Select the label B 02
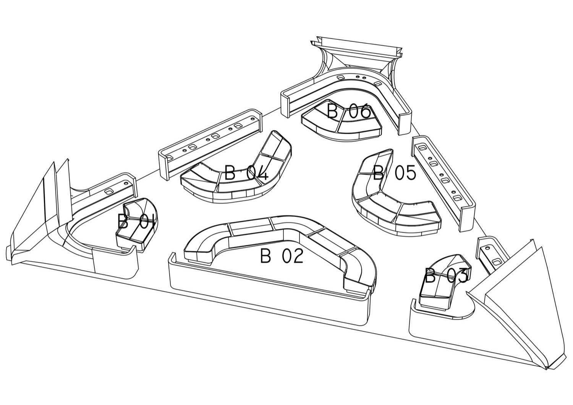click(282, 256)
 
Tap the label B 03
click(446, 276)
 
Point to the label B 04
click(246, 173)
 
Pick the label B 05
click(394, 173)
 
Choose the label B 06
click(349, 111)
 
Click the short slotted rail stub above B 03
click(491, 254)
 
